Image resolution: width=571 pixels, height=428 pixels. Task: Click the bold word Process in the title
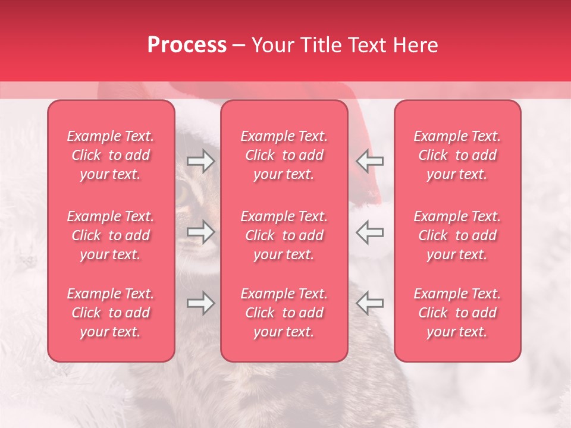pyautogui.click(x=187, y=45)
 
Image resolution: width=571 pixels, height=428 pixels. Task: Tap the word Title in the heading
pyautogui.click(x=319, y=45)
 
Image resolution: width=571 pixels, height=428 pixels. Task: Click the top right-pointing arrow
pyautogui.click(x=201, y=160)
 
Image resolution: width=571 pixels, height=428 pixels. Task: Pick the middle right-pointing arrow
pyautogui.click(x=201, y=232)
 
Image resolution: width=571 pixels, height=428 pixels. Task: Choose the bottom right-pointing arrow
pyautogui.click(x=201, y=303)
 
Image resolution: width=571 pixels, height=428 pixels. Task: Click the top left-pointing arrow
pyautogui.click(x=369, y=160)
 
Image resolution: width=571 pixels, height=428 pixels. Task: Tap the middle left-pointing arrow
pyautogui.click(x=369, y=232)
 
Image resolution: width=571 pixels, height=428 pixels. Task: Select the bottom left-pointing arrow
pyautogui.click(x=369, y=303)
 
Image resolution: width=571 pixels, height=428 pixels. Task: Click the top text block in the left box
pyautogui.click(x=111, y=155)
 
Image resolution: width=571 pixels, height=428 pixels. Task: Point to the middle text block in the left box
pyautogui.click(x=111, y=235)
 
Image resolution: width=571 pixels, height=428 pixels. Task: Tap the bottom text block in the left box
pyautogui.click(x=111, y=313)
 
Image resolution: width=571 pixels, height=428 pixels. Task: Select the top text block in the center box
pyautogui.click(x=284, y=155)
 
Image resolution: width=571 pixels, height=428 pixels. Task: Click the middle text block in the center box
pyautogui.click(x=284, y=235)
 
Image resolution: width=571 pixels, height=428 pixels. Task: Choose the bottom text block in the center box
pyautogui.click(x=284, y=313)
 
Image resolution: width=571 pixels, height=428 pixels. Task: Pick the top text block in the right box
pyautogui.click(x=457, y=155)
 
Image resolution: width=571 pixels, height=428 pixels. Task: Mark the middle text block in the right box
pyautogui.click(x=457, y=235)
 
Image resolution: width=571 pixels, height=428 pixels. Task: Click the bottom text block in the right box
pyautogui.click(x=457, y=313)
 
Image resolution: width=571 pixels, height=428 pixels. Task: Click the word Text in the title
pyautogui.click(x=366, y=45)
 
